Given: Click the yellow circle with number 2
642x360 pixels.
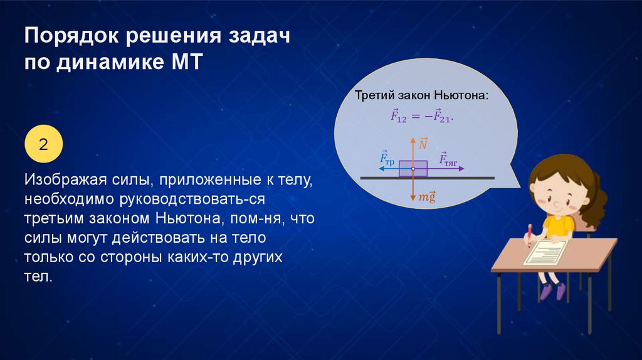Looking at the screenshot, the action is [43, 144].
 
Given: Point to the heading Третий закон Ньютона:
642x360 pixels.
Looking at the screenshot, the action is [422, 96].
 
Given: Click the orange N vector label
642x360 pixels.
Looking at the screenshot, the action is [423, 143].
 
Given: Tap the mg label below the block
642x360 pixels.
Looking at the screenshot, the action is [426, 197].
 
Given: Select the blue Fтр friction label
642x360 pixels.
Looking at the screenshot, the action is [387, 157].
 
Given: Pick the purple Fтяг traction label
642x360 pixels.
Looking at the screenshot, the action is [448, 159].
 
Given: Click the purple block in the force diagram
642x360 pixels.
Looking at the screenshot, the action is [413, 168].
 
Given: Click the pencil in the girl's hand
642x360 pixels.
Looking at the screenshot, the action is [529, 235].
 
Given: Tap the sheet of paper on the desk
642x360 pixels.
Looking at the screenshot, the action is [546, 252].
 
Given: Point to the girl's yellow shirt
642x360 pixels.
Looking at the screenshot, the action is [558, 226].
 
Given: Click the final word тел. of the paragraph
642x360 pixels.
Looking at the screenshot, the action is [38, 277].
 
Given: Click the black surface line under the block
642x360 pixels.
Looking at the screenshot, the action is [428, 178].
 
